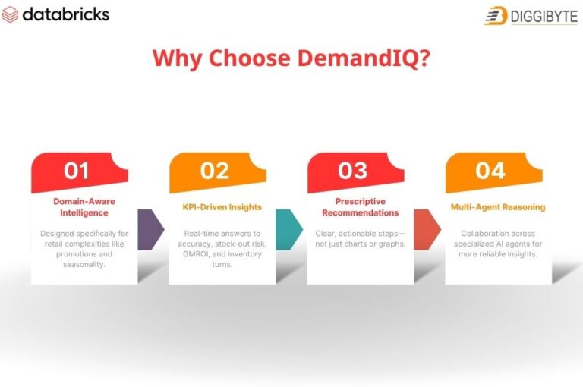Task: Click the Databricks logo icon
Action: point(11,15)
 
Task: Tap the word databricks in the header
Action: point(66,14)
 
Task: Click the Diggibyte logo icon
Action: point(496,15)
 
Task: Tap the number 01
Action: point(76,171)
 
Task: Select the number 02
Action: point(214,171)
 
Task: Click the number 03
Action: point(352,171)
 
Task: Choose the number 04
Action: point(490,171)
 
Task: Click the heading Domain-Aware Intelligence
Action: point(84,207)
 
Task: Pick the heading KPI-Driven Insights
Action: point(222,206)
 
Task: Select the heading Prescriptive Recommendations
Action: point(361,207)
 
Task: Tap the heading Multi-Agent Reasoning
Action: point(498,206)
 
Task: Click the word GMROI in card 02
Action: point(194,253)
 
